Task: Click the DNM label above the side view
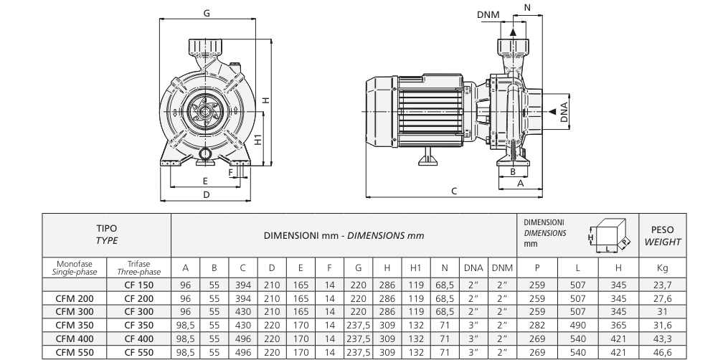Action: pos(488,15)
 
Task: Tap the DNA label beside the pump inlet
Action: pos(564,113)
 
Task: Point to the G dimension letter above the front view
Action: pos(207,13)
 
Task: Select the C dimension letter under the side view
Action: pos(454,191)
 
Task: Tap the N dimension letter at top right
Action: pos(527,7)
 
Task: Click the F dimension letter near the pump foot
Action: pos(231,173)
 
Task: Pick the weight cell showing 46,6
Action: pos(663,353)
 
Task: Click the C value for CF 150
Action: pos(243,285)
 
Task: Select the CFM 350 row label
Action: pos(75,325)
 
